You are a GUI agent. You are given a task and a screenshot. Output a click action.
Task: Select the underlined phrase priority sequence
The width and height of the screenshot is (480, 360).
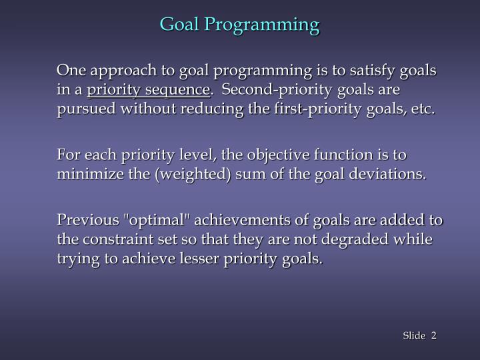pos(149,89)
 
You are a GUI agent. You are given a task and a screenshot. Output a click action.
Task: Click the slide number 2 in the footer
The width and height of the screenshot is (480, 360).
pos(433,335)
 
